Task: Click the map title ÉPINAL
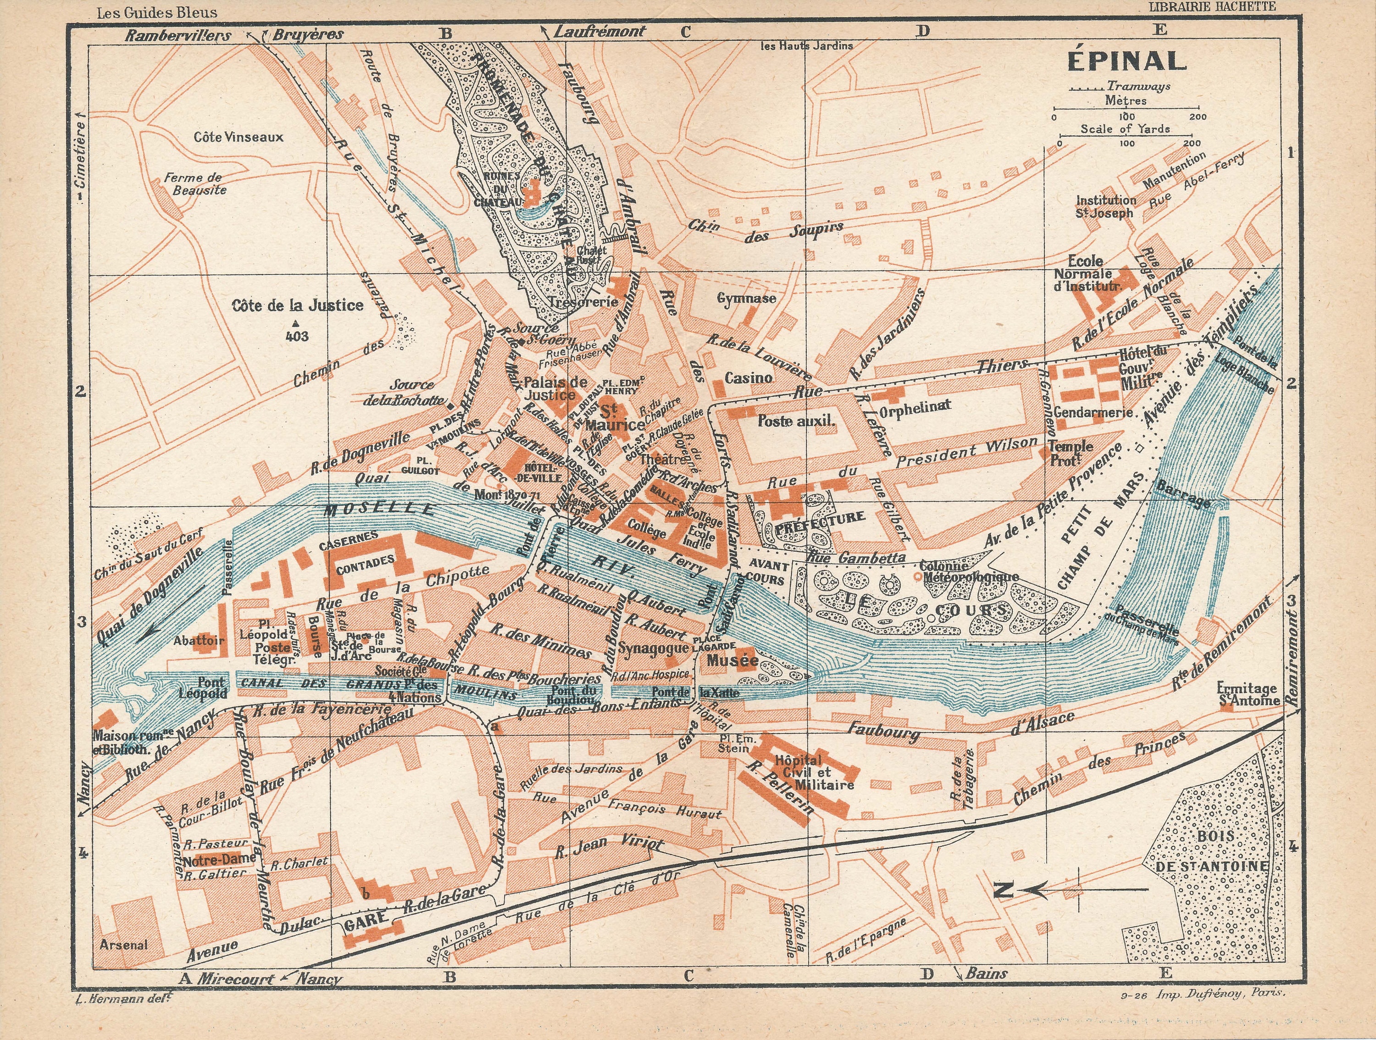[x=1126, y=61]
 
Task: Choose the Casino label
[x=749, y=378]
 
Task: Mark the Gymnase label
[x=746, y=298]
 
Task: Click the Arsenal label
[x=124, y=944]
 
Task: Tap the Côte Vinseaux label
[x=238, y=136]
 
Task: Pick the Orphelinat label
[x=915, y=406]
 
